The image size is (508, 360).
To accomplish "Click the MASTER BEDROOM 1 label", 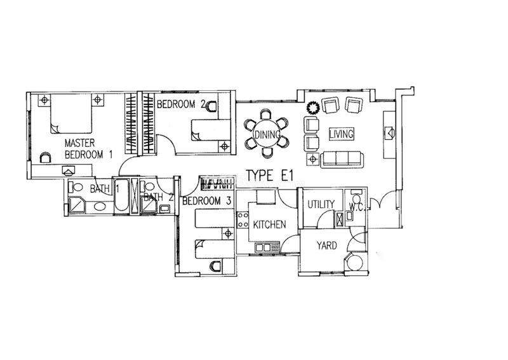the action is (88, 149).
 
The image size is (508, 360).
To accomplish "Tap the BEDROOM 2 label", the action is (181, 104).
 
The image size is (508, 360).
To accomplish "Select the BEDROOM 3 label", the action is (206, 201).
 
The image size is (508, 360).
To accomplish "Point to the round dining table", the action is (266, 134).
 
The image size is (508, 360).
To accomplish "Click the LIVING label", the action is (341, 134).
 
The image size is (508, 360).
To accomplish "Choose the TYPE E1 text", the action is (269, 176).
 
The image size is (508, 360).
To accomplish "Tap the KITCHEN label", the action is (269, 225).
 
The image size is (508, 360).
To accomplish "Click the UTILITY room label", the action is (321, 204).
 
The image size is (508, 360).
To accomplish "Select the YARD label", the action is (326, 246).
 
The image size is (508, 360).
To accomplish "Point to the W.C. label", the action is (356, 207).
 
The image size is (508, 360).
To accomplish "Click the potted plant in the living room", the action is (313, 107).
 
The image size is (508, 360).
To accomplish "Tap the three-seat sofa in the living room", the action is (342, 160).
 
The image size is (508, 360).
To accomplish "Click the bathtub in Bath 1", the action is (121, 195).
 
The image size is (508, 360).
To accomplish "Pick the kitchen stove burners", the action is (241, 219).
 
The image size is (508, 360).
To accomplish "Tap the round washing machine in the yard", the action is (356, 263).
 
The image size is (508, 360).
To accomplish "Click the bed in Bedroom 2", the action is (211, 130).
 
